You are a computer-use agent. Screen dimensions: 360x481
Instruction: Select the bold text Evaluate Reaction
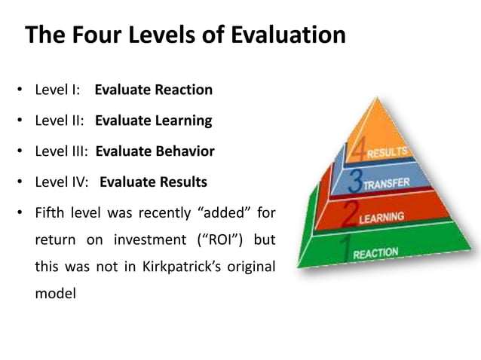[x=153, y=90]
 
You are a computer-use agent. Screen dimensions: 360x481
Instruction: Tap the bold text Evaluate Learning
[x=153, y=121]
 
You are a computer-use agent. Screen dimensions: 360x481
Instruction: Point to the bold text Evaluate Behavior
[x=155, y=151]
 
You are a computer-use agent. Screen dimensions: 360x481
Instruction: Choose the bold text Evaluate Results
[x=153, y=182]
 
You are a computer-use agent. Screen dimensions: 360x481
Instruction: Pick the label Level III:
[x=61, y=151]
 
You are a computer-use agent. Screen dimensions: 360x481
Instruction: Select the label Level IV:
[x=61, y=182]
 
